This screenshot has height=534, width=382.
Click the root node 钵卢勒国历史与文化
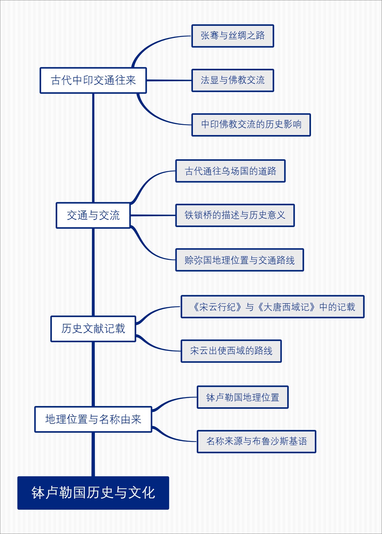pyautogui.click(x=93, y=493)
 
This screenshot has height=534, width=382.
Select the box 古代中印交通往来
pyautogui.click(x=93, y=80)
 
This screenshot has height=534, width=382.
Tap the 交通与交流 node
pyautogui.click(x=93, y=215)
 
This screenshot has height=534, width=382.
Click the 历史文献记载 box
pyautogui.click(x=93, y=329)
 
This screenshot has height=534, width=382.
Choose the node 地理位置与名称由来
pyautogui.click(x=93, y=419)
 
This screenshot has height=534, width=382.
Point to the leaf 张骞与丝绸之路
pyautogui.click(x=232, y=36)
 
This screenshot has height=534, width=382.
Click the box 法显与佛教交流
pyautogui.click(x=232, y=80)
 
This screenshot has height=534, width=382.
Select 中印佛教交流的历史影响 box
pyautogui.click(x=251, y=125)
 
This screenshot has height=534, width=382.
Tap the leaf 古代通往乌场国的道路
pyautogui.click(x=230, y=171)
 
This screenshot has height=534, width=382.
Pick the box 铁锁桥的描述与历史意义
pyautogui.click(x=235, y=215)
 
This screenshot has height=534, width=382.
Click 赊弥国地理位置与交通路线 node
pyautogui.click(x=239, y=260)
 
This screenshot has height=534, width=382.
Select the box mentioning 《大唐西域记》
pyautogui.click(x=272, y=307)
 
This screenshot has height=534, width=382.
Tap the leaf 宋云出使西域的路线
pyautogui.click(x=231, y=351)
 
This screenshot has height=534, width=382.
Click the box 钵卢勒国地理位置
pyautogui.click(x=243, y=397)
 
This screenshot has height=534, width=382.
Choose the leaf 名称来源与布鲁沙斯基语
pyautogui.click(x=256, y=441)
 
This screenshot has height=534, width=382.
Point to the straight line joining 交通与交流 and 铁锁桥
pyautogui.click(x=153, y=215)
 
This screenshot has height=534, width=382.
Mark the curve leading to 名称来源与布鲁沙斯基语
pyautogui.click(x=172, y=438)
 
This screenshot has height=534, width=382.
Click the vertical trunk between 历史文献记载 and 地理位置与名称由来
pyautogui.click(x=93, y=374)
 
